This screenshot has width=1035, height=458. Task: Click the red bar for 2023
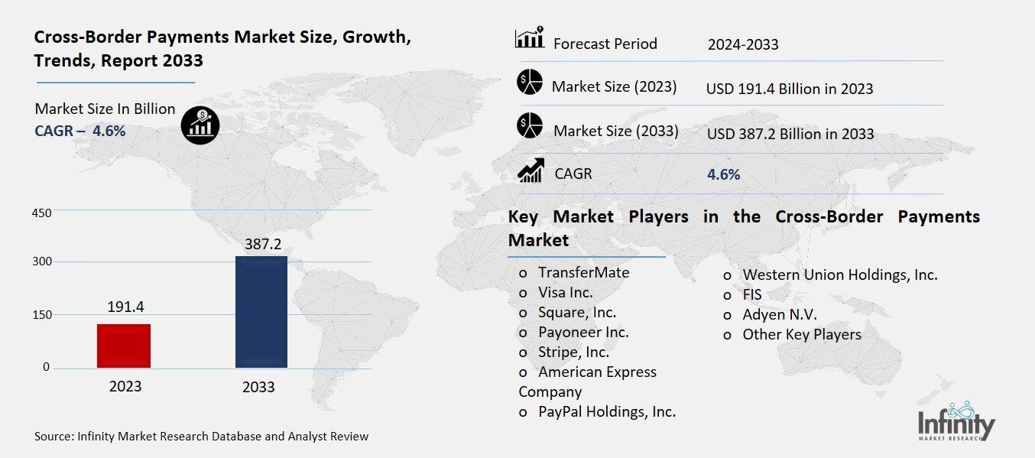point(124,346)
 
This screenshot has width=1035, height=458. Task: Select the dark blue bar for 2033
point(261,311)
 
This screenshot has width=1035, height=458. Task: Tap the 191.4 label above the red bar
point(125,307)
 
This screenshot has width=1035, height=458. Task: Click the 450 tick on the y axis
point(41,213)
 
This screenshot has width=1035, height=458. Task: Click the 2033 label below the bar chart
point(258,387)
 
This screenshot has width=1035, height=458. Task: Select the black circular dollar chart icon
point(200,124)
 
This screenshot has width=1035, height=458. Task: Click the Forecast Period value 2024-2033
point(743,44)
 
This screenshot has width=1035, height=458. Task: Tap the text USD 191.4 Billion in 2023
point(790,89)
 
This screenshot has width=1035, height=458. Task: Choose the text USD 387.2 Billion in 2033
point(790,134)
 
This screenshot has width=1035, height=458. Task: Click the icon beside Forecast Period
point(530,38)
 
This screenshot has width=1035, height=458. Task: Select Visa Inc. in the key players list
point(565,292)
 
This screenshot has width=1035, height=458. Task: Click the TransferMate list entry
point(583,272)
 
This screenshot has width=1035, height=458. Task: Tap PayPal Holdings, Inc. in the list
point(607,411)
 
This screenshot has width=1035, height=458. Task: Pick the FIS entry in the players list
point(752,294)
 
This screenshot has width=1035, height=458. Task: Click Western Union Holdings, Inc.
point(839,274)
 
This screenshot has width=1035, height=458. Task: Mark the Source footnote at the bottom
point(202,437)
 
